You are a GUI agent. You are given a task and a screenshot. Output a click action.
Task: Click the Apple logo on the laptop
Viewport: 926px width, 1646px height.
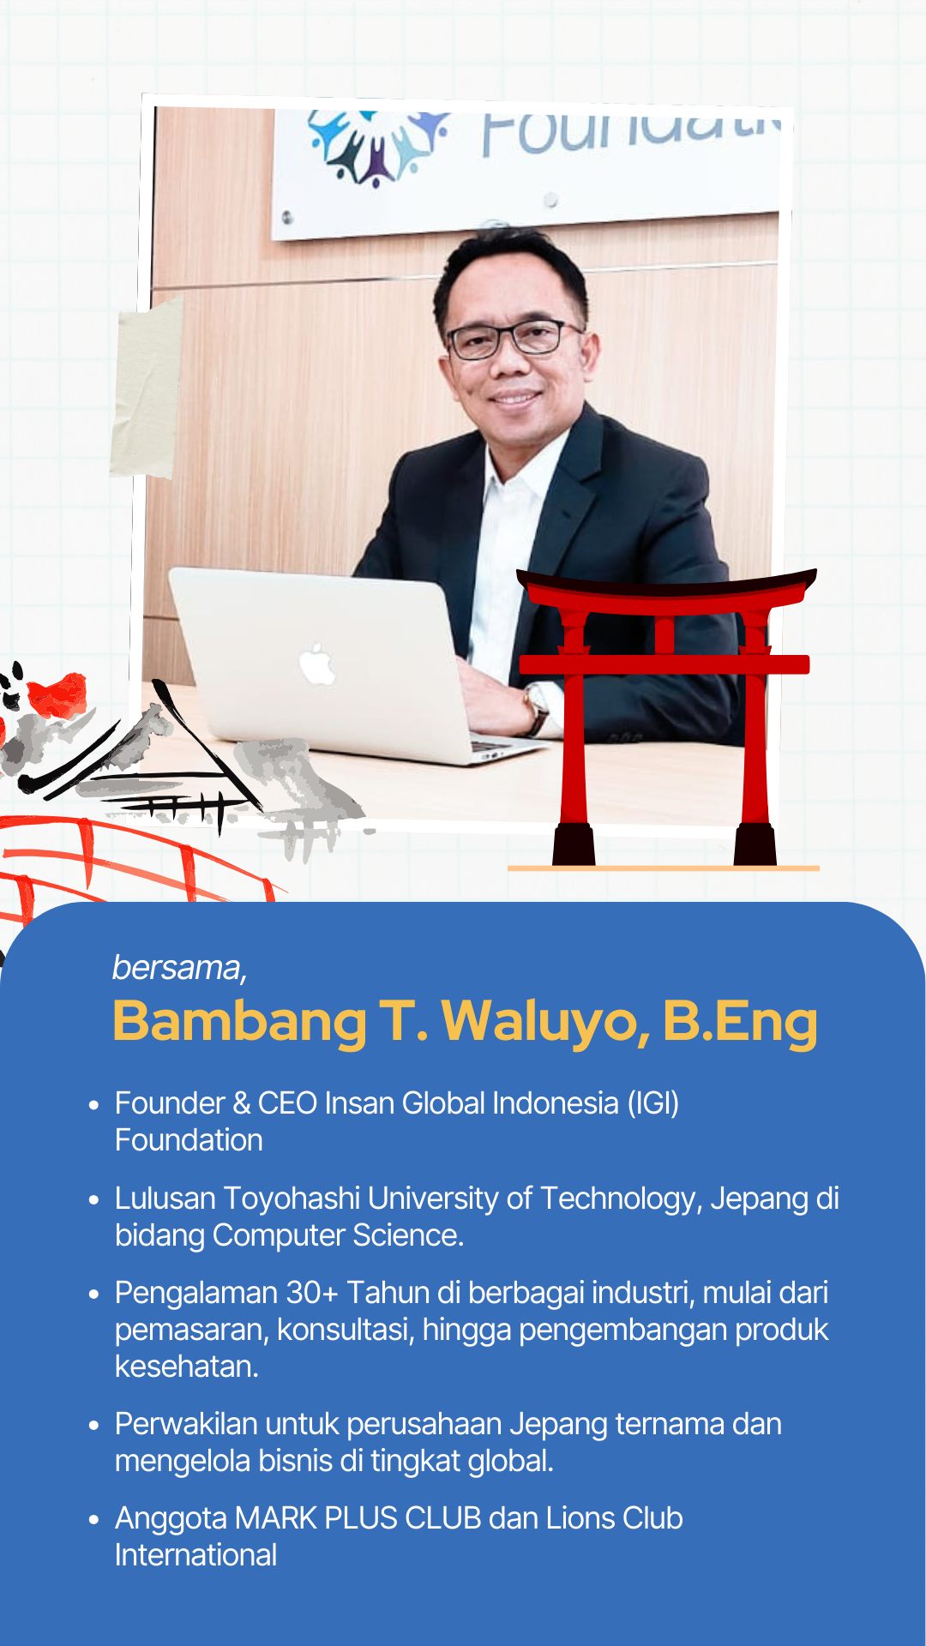tap(318, 664)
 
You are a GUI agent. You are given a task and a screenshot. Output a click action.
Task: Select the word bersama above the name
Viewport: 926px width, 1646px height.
tap(177, 968)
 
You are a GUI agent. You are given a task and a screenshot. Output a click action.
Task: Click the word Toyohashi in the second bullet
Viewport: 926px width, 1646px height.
tap(292, 1199)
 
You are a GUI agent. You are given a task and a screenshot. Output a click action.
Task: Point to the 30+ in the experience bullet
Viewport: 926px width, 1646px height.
tap(312, 1293)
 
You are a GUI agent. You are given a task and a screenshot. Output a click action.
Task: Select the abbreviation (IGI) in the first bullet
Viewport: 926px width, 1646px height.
tap(653, 1103)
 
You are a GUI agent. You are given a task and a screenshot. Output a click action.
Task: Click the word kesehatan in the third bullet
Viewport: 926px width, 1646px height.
tap(186, 1367)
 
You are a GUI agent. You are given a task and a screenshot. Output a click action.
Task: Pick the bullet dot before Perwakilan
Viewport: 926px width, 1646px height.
tap(94, 1426)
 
